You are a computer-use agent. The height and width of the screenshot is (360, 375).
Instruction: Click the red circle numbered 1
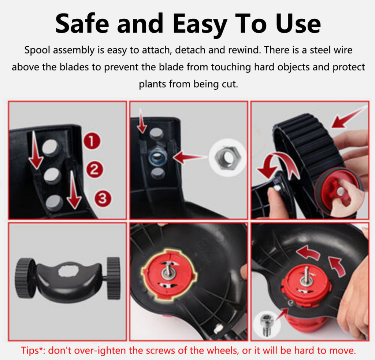92,141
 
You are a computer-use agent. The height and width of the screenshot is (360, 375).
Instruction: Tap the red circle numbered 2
94,170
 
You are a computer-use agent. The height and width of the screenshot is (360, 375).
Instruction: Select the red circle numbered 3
103,198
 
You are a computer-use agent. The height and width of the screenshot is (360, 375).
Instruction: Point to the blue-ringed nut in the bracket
156,157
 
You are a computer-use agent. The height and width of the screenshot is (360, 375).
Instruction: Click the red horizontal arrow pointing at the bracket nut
189,157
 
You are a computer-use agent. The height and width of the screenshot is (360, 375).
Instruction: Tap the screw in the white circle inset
267,324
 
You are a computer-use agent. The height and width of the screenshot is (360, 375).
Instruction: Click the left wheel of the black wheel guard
25,278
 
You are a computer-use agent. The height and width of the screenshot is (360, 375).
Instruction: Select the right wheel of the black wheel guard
114,278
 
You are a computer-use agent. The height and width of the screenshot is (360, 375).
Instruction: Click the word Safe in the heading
82,23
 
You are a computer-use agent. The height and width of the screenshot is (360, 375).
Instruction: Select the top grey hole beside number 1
51,147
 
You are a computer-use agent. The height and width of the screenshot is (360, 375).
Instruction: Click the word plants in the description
153,84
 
